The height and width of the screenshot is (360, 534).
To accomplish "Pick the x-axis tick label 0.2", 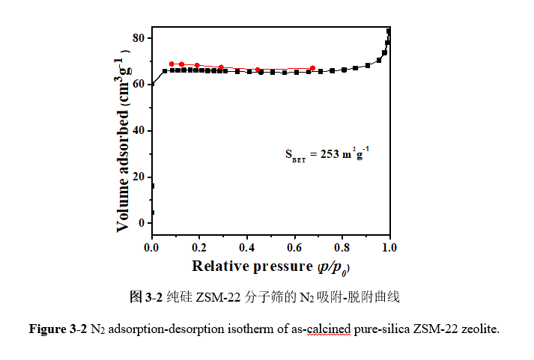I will (199, 247).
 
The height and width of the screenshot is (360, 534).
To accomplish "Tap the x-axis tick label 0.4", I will (246, 247).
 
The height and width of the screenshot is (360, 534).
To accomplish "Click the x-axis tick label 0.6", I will (294, 247).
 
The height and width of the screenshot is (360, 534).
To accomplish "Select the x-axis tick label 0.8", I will (342, 247).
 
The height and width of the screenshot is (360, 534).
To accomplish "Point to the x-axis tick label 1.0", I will (389, 247).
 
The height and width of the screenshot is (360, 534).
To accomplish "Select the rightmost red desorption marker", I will (312, 69).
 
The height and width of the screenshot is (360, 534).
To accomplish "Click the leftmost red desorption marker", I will (172, 64).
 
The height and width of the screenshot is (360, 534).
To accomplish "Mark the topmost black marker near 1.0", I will (389, 31).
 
